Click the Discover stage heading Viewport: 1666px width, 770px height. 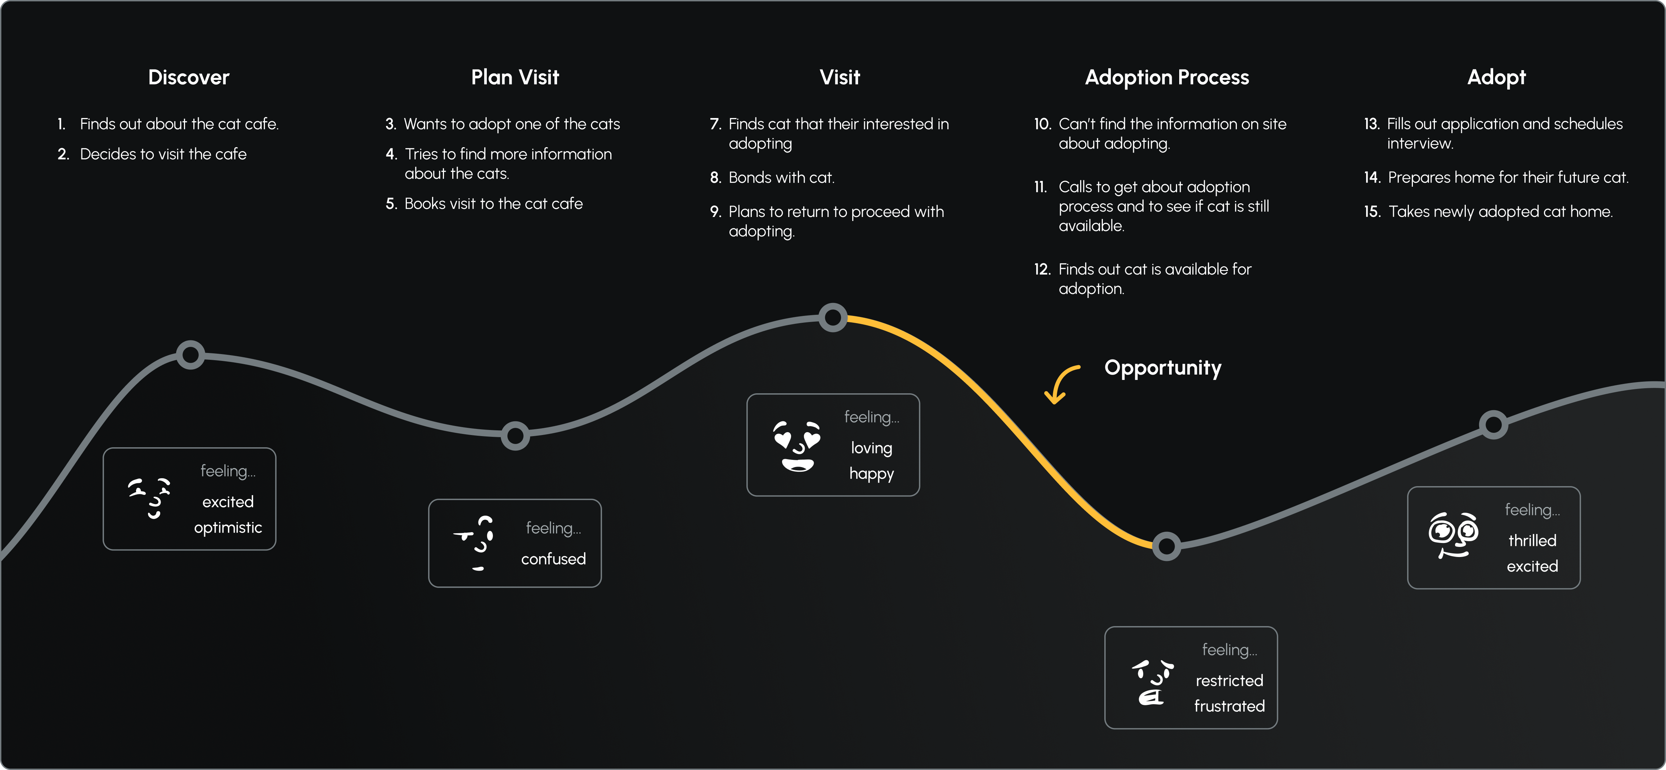(188, 78)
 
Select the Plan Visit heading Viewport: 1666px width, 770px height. (515, 78)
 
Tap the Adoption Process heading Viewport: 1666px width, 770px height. (1167, 78)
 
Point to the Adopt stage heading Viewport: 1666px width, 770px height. (1496, 78)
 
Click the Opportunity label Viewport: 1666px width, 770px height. (1162, 368)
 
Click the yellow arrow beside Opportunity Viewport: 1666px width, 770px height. (1061, 384)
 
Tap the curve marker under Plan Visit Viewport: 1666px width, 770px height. (516, 436)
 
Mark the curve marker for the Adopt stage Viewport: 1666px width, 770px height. (1493, 425)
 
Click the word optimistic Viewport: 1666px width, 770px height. (228, 527)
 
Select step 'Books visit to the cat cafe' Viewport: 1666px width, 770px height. (493, 204)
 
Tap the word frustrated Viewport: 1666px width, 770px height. (1229, 706)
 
